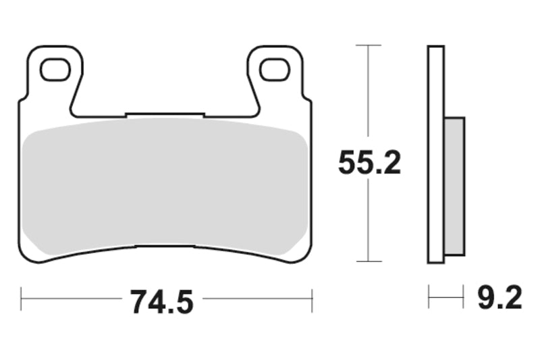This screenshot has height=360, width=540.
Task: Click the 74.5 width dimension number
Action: [x=162, y=302]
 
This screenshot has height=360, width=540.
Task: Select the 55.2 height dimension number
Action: [x=369, y=163]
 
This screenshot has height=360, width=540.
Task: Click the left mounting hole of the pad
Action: [x=55, y=70]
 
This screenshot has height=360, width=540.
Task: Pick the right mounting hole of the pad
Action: [x=275, y=70]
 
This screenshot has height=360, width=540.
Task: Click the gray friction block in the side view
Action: [x=454, y=186]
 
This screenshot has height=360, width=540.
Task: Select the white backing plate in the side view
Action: [x=436, y=155]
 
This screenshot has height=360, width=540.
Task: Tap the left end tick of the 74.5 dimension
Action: [x=22, y=299]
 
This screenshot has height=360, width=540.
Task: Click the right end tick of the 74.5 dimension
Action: [x=312, y=300]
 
